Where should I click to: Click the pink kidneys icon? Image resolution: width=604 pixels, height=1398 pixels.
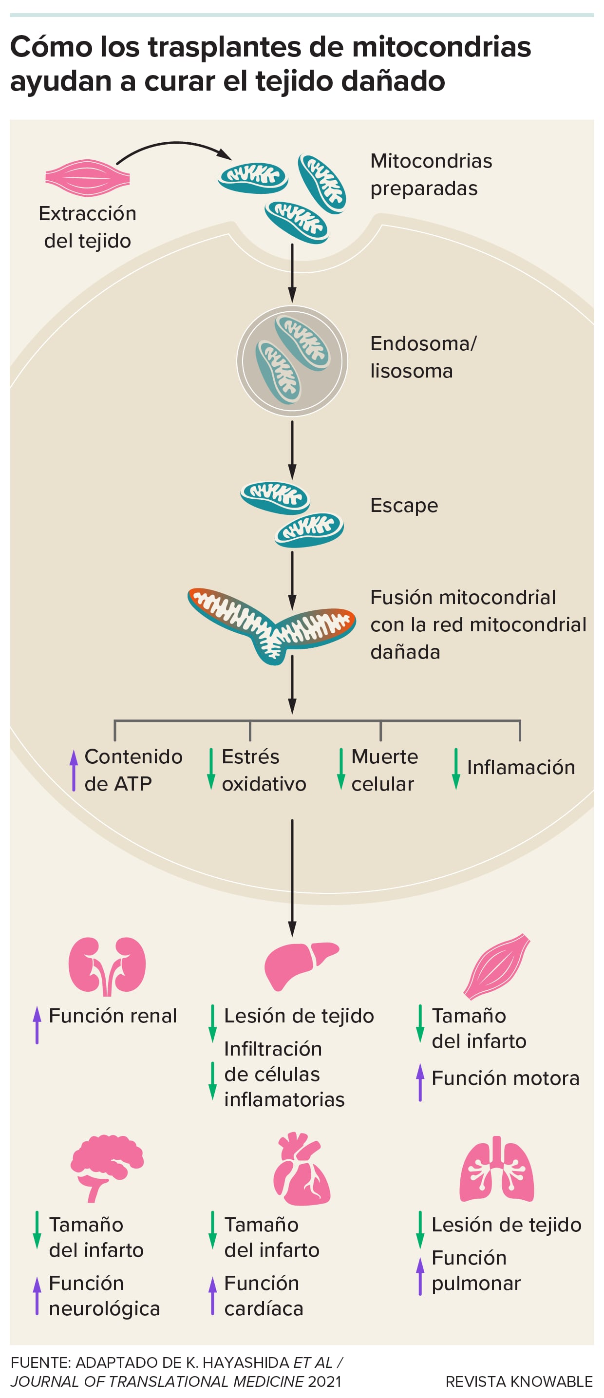(107, 966)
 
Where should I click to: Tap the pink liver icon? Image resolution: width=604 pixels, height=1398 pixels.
(300, 965)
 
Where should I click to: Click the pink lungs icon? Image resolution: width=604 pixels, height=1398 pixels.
(496, 1170)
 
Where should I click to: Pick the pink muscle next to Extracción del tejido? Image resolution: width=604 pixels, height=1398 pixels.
(87, 177)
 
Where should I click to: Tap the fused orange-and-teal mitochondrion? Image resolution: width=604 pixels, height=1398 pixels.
(271, 624)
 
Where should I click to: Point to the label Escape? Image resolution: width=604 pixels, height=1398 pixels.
(404, 505)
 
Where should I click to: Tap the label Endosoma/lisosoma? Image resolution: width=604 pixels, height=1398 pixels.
(423, 357)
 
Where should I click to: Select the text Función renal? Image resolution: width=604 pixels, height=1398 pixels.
(113, 1016)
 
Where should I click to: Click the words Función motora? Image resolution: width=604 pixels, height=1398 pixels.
(505, 1078)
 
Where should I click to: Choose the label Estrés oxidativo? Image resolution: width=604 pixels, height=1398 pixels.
(264, 770)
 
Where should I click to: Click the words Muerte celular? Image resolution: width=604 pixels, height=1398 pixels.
(384, 770)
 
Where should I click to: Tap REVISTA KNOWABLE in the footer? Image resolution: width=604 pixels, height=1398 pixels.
(519, 1380)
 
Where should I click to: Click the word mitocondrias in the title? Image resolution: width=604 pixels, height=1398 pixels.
(441, 47)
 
